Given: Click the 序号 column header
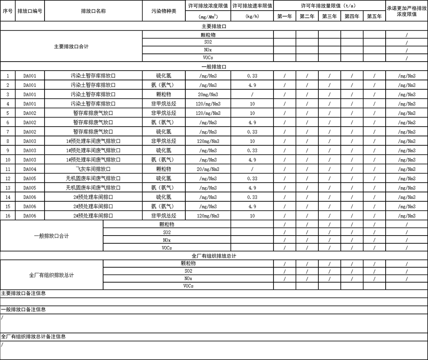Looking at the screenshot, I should [x=7, y=11].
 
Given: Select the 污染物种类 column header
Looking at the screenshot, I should [x=164, y=11].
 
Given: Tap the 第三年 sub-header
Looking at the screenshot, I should [x=330, y=16].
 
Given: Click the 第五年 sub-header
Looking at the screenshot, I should [x=374, y=16].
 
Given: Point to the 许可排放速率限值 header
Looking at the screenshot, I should [x=252, y=6].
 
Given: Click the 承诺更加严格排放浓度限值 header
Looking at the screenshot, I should [x=407, y=11].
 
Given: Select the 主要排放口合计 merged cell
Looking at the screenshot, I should [x=71, y=46].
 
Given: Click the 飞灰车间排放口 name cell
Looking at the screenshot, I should [x=93, y=169].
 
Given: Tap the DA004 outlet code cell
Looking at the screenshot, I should [x=30, y=169].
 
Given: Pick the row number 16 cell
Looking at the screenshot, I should [x=8, y=216].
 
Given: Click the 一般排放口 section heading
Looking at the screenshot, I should [x=214, y=67].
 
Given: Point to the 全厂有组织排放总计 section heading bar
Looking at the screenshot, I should [x=214, y=256].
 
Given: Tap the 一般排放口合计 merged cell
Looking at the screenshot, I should [x=51, y=236].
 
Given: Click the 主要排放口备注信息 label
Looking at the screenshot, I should [x=24, y=293].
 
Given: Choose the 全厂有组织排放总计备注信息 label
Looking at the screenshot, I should [x=33, y=336].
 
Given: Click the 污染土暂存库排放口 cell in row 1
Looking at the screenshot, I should [x=93, y=76].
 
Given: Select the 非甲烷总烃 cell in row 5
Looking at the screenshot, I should [x=164, y=113].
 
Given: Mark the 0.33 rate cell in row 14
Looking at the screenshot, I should [x=252, y=197].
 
